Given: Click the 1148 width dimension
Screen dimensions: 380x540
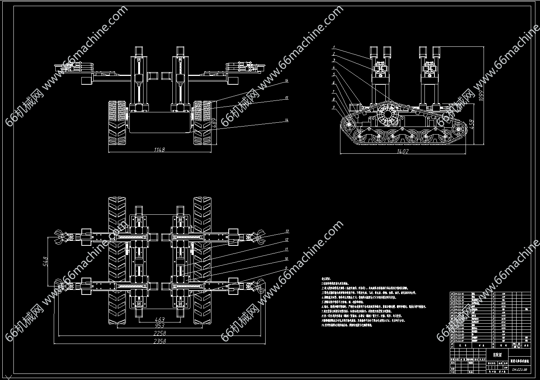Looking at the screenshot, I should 159,150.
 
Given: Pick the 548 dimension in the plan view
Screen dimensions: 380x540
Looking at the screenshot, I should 45,261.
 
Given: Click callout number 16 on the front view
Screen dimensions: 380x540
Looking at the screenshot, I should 286,81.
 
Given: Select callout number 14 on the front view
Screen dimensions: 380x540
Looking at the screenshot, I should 286,120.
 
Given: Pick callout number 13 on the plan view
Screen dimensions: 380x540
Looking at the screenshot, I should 286,231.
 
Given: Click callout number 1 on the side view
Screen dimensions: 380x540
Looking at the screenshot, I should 334,47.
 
